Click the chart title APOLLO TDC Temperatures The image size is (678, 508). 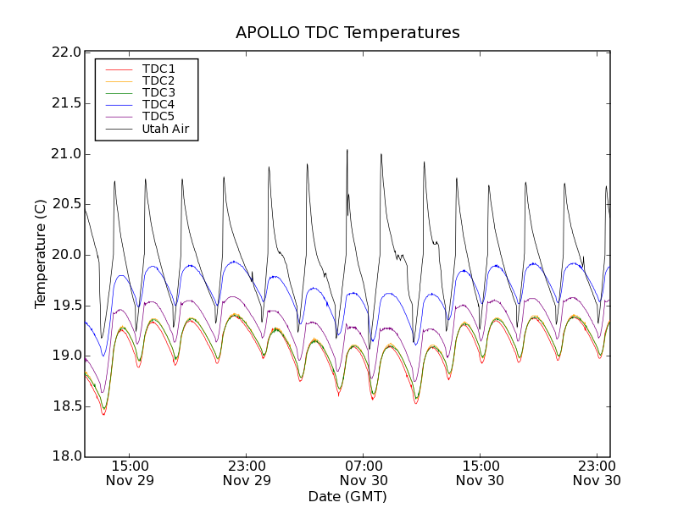pyautogui.click(x=347, y=33)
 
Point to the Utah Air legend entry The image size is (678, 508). pyautogui.click(x=165, y=130)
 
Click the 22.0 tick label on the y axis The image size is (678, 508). pyautogui.click(x=65, y=52)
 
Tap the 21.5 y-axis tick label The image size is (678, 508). pyautogui.click(x=65, y=103)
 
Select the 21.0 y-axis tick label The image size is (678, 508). pyautogui.click(x=65, y=154)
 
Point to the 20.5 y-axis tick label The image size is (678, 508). pyautogui.click(x=65, y=204)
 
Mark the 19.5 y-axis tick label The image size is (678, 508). pyautogui.click(x=65, y=306)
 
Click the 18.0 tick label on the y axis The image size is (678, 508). pyautogui.click(x=65, y=457)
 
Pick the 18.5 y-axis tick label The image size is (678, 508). pyautogui.click(x=65, y=406)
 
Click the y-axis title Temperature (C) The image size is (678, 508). pyautogui.click(x=41, y=254)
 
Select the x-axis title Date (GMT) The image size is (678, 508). pyautogui.click(x=347, y=496)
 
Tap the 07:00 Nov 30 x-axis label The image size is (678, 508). pyautogui.click(x=364, y=472)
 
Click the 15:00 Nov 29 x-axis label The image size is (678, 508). pyautogui.click(x=131, y=472)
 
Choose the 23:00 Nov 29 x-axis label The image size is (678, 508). pyautogui.click(x=247, y=472)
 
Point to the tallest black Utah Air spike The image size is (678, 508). pyautogui.click(x=347, y=151)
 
